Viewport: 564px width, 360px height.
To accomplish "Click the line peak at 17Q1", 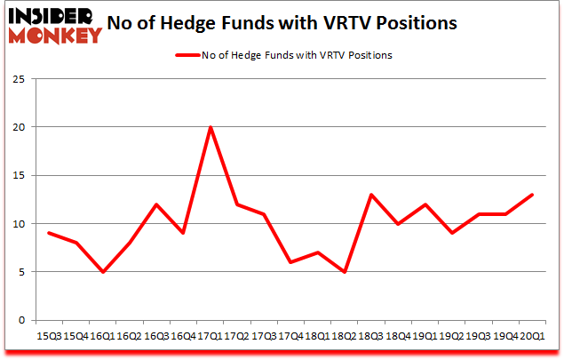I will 210,127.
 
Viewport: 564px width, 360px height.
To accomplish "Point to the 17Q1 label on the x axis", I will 210,336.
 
